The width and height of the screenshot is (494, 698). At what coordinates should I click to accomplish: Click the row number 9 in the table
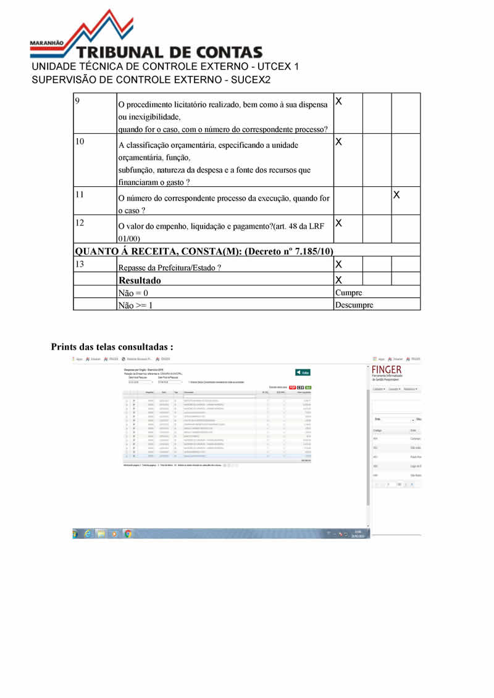[77, 100]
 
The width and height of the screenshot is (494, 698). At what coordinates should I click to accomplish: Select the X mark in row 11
[397, 195]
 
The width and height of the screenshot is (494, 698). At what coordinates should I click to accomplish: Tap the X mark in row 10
[338, 142]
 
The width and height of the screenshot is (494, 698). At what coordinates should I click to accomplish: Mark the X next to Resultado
[338, 279]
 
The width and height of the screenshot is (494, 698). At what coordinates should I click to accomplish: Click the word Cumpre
[348, 292]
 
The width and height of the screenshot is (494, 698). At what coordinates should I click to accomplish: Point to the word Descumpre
[354, 305]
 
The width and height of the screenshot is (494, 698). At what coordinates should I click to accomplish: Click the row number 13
[80, 264]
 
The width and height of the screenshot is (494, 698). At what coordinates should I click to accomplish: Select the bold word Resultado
[140, 280]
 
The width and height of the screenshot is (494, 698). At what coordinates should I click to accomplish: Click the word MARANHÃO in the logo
[47, 44]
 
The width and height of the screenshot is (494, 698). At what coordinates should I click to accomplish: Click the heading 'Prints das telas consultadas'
[112, 347]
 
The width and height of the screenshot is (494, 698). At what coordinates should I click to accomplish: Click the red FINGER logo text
[387, 369]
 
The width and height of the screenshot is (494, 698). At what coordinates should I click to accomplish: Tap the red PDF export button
[293, 387]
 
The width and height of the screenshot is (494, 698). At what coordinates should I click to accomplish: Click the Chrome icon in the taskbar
[128, 533]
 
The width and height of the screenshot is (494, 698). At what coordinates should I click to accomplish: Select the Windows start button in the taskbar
[75, 533]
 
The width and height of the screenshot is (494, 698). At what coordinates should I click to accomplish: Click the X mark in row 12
[338, 222]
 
